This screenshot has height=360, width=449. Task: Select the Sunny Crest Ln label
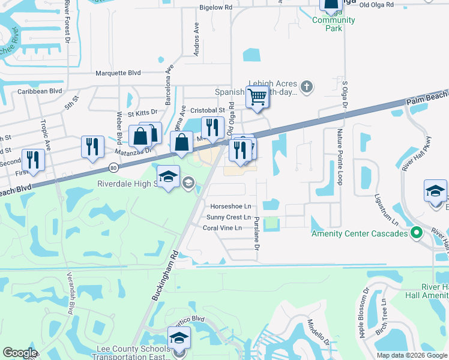tap(229, 217)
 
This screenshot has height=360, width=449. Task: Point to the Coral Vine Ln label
tap(222, 228)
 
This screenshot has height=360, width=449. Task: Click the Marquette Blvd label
tap(118, 73)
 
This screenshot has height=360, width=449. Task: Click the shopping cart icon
tap(257, 96)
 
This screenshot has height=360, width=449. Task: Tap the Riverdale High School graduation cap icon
tap(169, 176)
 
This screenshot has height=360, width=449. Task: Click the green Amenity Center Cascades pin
tap(415, 233)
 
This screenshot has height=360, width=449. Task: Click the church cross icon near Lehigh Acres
tap(306, 87)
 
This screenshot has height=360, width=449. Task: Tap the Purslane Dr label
tap(256, 234)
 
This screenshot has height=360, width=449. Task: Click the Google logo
tap(20, 353)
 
